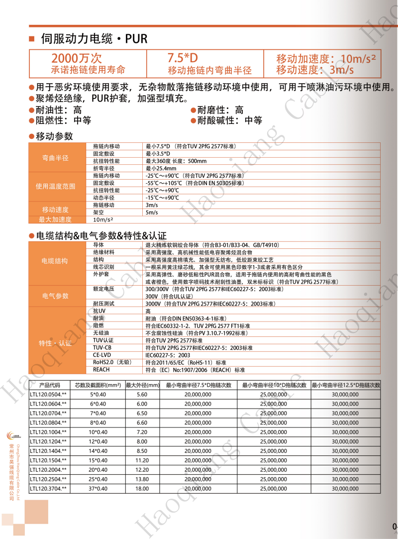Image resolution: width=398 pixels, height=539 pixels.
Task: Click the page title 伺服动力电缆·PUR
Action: pos(95,38)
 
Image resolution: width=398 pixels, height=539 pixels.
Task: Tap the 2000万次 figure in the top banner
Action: pos(77,58)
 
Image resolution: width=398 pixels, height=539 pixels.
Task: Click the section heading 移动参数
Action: pos(54,136)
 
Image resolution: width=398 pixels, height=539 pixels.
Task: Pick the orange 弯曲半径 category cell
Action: pos(55,158)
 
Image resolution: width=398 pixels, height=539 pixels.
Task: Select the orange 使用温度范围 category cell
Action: pos(55,186)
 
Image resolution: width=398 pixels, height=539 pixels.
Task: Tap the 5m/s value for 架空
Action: pos(152,213)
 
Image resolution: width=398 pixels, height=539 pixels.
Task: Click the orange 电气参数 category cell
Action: pos(55,296)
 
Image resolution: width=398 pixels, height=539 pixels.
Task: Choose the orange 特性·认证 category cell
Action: pos(55,343)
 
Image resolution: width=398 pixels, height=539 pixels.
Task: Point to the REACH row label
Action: pos(101,370)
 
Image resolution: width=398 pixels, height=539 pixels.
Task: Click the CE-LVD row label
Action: pos(102,355)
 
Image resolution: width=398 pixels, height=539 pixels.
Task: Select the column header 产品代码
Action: pos(49,385)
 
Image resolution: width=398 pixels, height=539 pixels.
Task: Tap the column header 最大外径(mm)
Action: pos(142,385)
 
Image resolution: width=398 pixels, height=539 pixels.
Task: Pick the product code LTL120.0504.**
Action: pos(48,394)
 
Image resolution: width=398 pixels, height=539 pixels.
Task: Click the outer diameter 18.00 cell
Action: pos(142,489)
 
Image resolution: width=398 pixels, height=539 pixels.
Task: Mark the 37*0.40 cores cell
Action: pos(98,489)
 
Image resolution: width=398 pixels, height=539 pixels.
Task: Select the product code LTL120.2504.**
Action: pos(48,479)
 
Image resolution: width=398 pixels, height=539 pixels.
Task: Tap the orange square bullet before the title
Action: pos(32,39)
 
